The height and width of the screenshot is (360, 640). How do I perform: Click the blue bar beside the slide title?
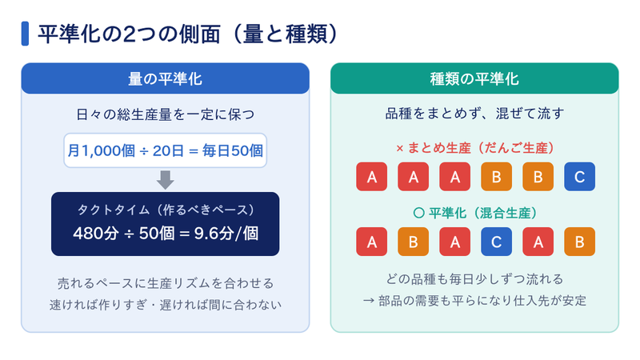pyautogui.click(x=25, y=34)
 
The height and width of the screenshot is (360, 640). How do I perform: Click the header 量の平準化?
pyautogui.click(x=166, y=78)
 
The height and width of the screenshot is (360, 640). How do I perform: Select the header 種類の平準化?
pyautogui.click(x=474, y=78)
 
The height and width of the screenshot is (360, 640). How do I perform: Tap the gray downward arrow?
pyautogui.click(x=166, y=180)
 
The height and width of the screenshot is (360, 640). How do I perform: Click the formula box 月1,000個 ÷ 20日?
pyautogui.click(x=166, y=150)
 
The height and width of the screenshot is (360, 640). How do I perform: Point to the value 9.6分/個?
pyautogui.click(x=226, y=234)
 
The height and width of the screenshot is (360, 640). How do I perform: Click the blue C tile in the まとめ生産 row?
pyautogui.click(x=579, y=177)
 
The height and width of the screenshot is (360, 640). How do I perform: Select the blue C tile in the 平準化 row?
pyautogui.click(x=496, y=242)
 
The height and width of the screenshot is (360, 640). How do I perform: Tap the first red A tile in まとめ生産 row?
pyautogui.click(x=371, y=177)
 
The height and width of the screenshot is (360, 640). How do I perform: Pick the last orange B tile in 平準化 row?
pyautogui.click(x=579, y=242)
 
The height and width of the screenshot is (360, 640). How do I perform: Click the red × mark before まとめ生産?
pyautogui.click(x=399, y=149)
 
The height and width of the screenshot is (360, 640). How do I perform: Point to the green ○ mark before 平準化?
pyautogui.click(x=418, y=213)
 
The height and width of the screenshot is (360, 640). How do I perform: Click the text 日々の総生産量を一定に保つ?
pyautogui.click(x=166, y=114)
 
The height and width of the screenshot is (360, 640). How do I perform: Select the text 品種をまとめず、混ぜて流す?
pyautogui.click(x=474, y=114)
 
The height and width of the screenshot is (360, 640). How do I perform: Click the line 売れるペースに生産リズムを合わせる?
pyautogui.click(x=166, y=283)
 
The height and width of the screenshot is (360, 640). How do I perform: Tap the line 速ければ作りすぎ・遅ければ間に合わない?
pyautogui.click(x=166, y=305)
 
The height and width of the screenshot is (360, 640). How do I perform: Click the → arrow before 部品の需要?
pyautogui.click(x=369, y=301)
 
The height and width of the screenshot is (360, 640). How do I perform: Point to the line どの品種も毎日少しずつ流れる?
pyautogui.click(x=474, y=279)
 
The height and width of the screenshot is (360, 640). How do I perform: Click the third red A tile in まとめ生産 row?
pyautogui.click(x=454, y=177)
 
